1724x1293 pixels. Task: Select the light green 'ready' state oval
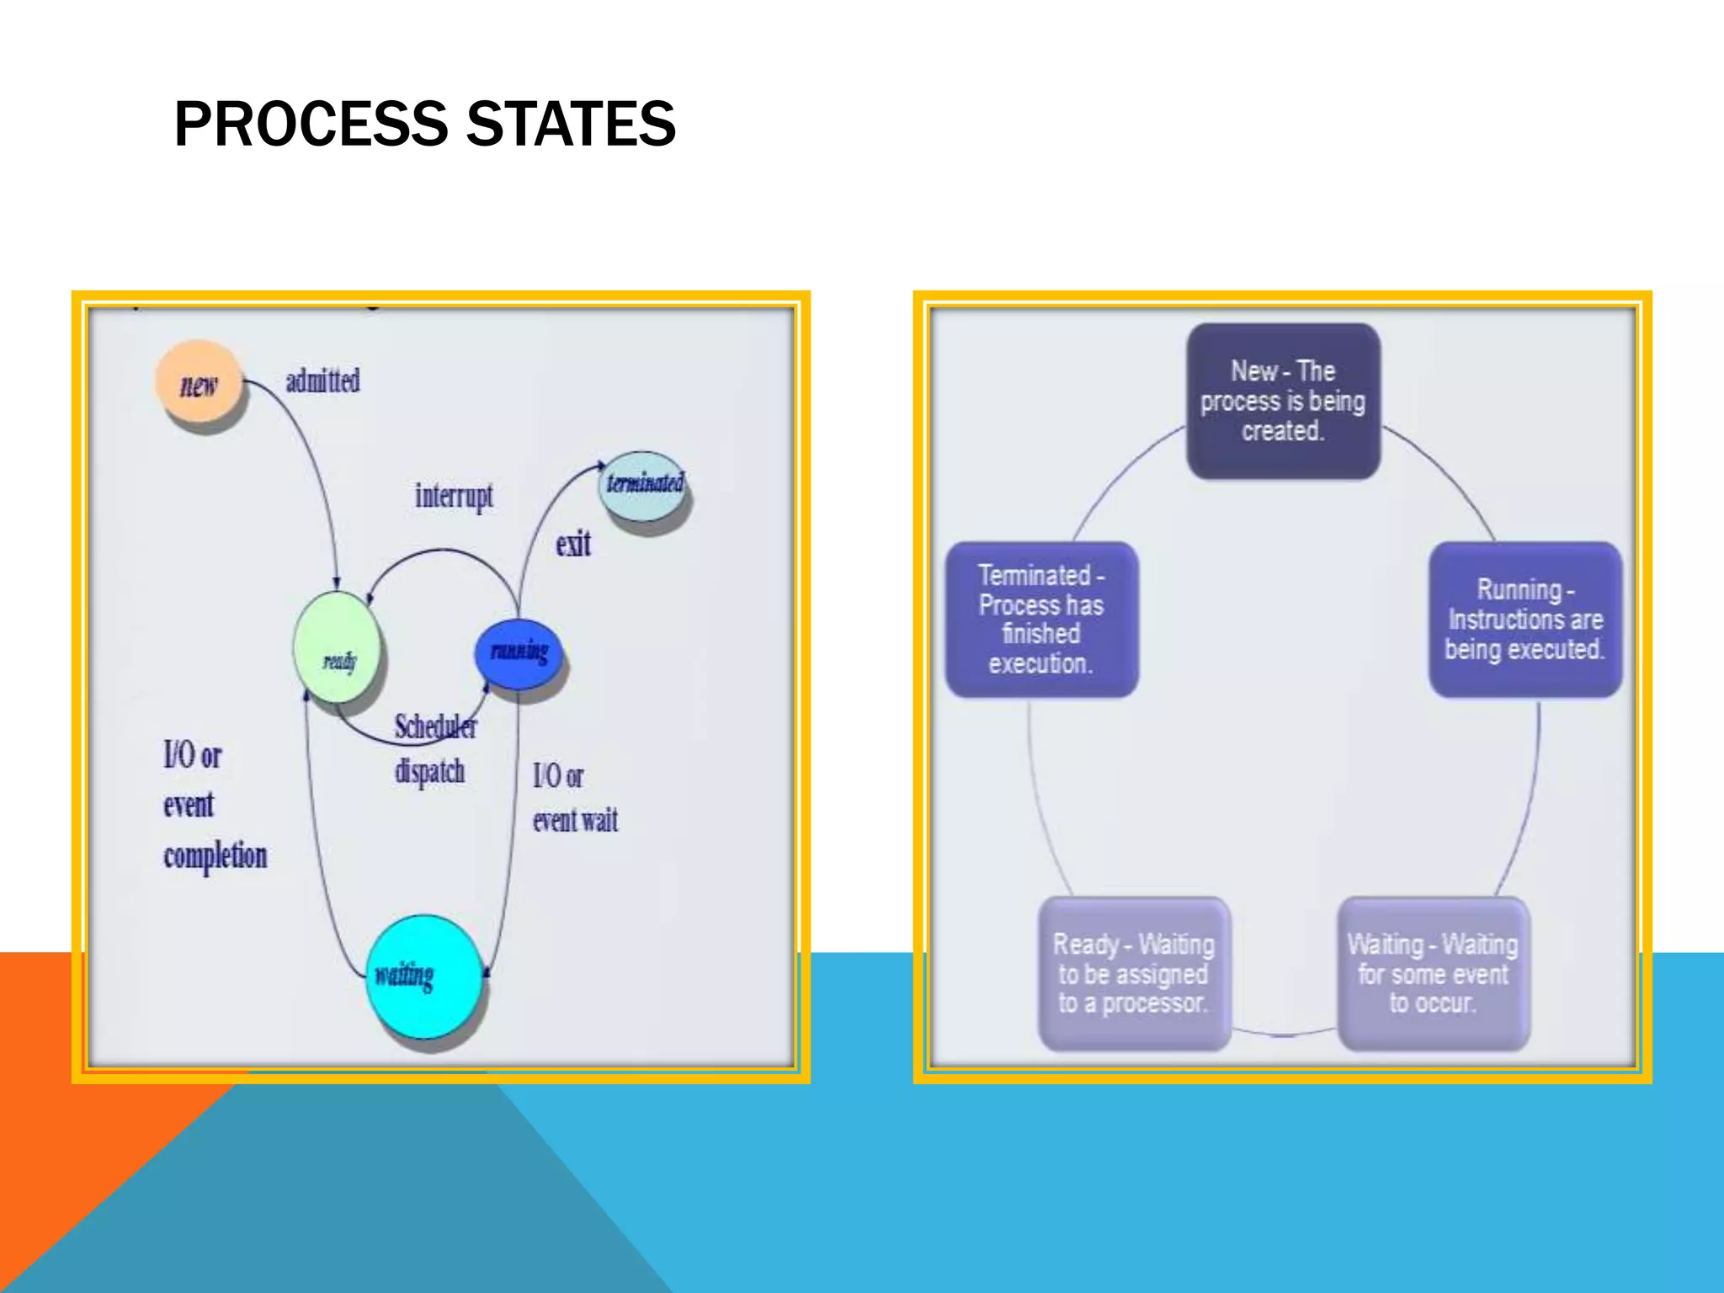click(x=337, y=646)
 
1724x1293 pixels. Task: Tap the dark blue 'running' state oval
click(x=519, y=652)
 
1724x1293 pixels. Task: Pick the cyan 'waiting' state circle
click(x=423, y=976)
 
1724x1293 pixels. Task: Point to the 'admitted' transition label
click(x=322, y=381)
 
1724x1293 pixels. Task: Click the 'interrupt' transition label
click(x=454, y=496)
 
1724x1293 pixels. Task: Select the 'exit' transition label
click(x=573, y=545)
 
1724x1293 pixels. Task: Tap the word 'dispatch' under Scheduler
click(x=430, y=771)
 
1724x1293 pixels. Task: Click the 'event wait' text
click(x=575, y=820)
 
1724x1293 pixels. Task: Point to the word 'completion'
click(x=215, y=856)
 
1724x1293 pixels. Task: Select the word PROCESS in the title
click(x=311, y=124)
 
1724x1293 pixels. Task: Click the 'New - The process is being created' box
click(x=1283, y=402)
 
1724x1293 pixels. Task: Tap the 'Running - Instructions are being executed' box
click(x=1524, y=619)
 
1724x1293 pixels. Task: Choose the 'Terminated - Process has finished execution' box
click(x=1041, y=619)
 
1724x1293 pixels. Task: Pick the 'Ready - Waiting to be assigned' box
click(x=1134, y=973)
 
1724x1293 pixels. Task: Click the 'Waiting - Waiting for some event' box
click(x=1433, y=973)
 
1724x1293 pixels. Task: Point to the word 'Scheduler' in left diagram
click(x=435, y=726)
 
